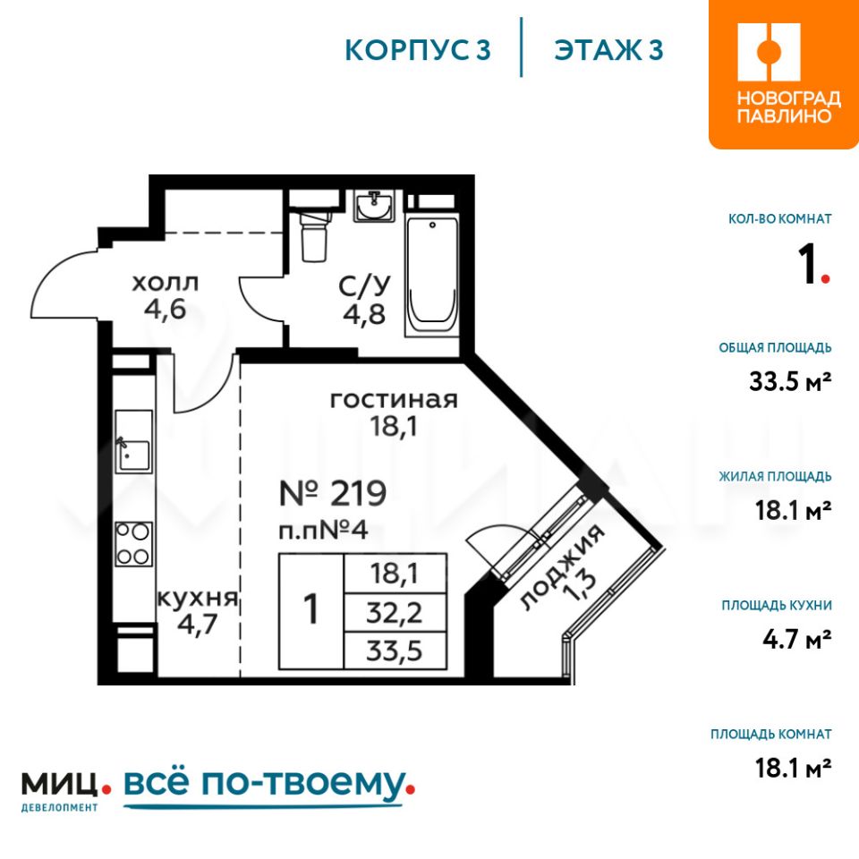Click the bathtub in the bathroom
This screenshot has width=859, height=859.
click(431, 276)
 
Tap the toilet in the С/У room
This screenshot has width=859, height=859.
click(314, 235)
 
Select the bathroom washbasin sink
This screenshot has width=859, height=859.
click(374, 206)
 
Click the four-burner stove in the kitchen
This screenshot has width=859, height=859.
click(133, 543)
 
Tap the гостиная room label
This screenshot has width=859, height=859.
click(394, 400)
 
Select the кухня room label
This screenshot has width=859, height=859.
click(198, 598)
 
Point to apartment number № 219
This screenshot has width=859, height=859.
click(333, 493)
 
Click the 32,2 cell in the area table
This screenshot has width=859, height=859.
click(395, 612)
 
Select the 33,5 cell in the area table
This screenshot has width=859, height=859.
click(395, 651)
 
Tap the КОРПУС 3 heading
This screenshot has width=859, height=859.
click(418, 50)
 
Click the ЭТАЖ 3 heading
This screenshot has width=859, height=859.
click(608, 50)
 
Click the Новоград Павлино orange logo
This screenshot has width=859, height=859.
click(784, 74)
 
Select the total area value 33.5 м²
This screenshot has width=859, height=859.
click(790, 381)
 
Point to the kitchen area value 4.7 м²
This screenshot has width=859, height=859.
click(797, 639)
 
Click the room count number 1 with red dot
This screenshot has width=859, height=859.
click(814, 265)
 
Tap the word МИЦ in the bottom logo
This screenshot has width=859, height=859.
click(60, 785)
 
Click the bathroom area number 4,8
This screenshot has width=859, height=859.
click(364, 314)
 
